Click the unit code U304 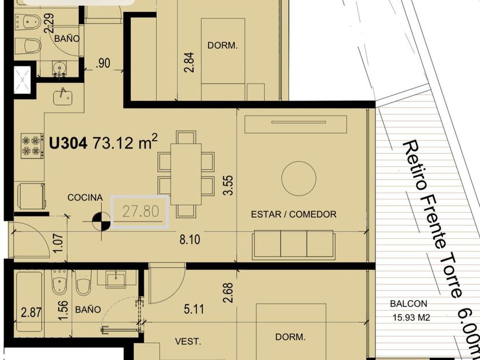coord(68,143)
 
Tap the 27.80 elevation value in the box coord(141,211)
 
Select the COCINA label coord(85,198)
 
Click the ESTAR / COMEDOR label coord(294,214)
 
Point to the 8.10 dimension coord(190,239)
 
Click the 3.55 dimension coord(229,185)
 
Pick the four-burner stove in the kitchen coord(32,146)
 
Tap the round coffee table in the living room coord(299,178)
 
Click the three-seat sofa coord(294,245)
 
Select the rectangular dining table coord(186,174)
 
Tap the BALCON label coord(409,304)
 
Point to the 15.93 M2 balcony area coord(411,318)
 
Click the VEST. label coord(188,342)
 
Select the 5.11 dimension coord(194,309)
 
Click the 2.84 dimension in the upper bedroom coord(189,62)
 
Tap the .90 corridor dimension coord(103,63)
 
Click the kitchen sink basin coord(63,97)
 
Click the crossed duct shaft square coord(22,79)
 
